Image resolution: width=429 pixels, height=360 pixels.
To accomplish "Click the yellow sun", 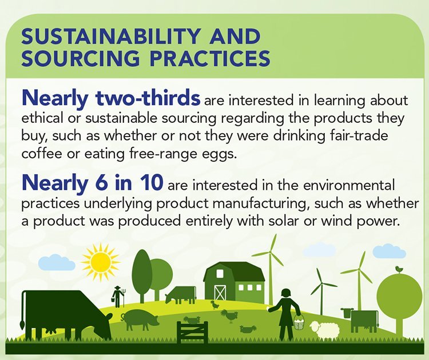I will click(101, 262).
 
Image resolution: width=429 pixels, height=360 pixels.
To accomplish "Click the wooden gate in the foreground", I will click(192, 331).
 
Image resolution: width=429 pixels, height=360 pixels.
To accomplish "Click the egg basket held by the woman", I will click(299, 322).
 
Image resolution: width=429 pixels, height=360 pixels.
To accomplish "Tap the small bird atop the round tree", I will click(399, 268).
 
